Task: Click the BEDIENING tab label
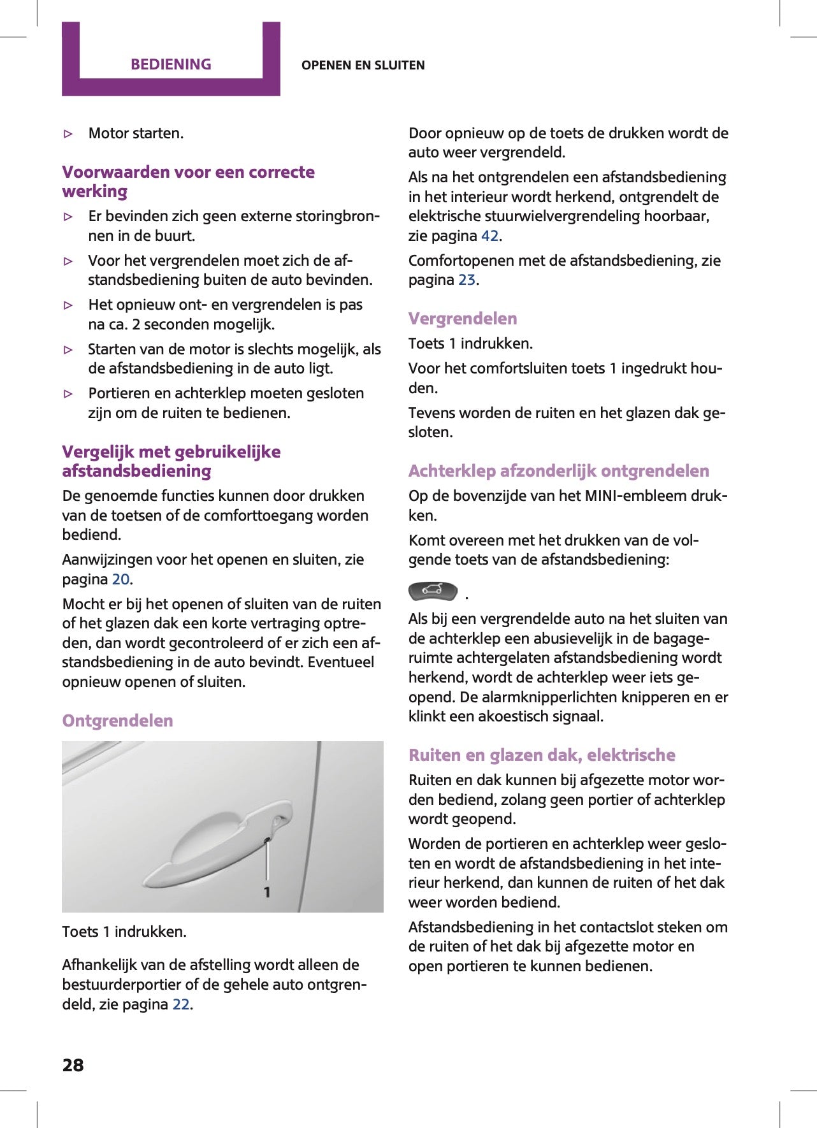pyautogui.click(x=171, y=64)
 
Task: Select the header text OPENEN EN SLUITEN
pyautogui.click(x=363, y=65)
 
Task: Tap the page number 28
pyautogui.click(x=73, y=1065)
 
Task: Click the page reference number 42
pyautogui.click(x=489, y=236)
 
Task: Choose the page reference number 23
pyautogui.click(x=466, y=280)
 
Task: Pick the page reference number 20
pyautogui.click(x=120, y=579)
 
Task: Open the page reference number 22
pyautogui.click(x=181, y=1004)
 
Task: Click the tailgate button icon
pyautogui.click(x=433, y=591)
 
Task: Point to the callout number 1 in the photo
pyautogui.click(x=267, y=892)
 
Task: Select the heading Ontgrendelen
pyautogui.click(x=117, y=721)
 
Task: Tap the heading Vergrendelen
pyautogui.click(x=463, y=319)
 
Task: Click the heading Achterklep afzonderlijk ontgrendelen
pyautogui.click(x=558, y=471)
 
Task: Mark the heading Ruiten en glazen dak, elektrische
pyautogui.click(x=542, y=755)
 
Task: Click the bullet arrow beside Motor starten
pyautogui.click(x=69, y=134)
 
